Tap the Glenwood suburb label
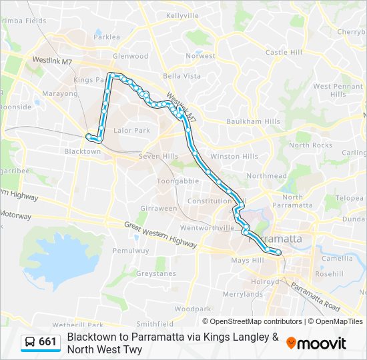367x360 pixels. (x=131, y=57)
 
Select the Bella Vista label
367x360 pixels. (x=182, y=76)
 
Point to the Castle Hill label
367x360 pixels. (x=284, y=52)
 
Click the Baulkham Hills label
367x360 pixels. (x=253, y=121)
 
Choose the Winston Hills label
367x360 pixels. (x=234, y=157)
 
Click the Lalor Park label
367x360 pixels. (x=132, y=131)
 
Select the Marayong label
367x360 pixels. (x=61, y=94)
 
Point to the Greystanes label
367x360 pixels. (x=155, y=273)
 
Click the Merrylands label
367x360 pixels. (x=243, y=294)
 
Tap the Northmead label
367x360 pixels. (x=266, y=176)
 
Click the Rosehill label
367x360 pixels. (x=329, y=274)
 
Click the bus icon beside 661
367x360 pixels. (x=30, y=343)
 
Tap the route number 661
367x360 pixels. (x=48, y=343)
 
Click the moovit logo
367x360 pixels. (x=316, y=343)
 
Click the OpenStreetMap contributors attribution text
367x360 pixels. (x=247, y=321)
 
